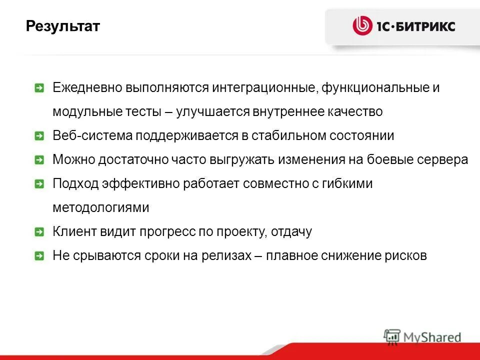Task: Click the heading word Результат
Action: click(63, 26)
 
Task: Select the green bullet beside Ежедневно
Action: click(39, 88)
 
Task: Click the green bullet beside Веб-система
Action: click(39, 136)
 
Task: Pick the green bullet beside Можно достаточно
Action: click(39, 160)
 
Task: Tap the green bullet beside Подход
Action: click(39, 184)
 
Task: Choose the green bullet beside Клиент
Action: click(39, 232)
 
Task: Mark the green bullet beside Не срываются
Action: click(39, 256)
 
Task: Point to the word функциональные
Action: click(373, 88)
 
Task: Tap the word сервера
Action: click(443, 160)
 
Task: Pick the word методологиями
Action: click(101, 208)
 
